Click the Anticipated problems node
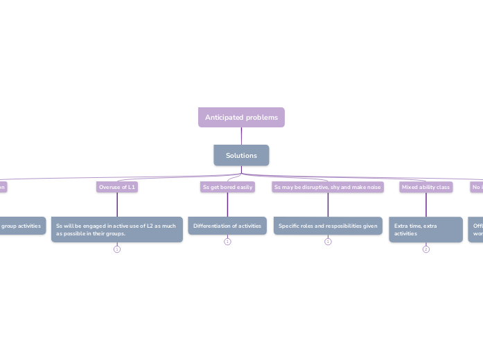[x=241, y=118]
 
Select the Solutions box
[x=241, y=155]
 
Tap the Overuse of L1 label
[x=117, y=187]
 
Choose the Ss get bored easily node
[x=227, y=187]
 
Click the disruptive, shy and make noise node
[x=328, y=187]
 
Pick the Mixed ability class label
[x=425, y=187]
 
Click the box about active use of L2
[x=117, y=229]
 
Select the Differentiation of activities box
[x=227, y=226]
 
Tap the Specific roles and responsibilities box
[x=328, y=226]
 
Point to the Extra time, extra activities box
[x=425, y=229]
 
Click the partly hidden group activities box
[x=21, y=226]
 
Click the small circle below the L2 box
[x=117, y=249]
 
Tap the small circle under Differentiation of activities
[x=227, y=242]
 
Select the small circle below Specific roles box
[x=328, y=242]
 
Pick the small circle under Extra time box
[x=425, y=249]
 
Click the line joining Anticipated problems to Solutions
[x=241, y=136]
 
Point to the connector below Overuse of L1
[x=117, y=204]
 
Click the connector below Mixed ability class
[x=425, y=204]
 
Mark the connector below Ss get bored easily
[x=227, y=204]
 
